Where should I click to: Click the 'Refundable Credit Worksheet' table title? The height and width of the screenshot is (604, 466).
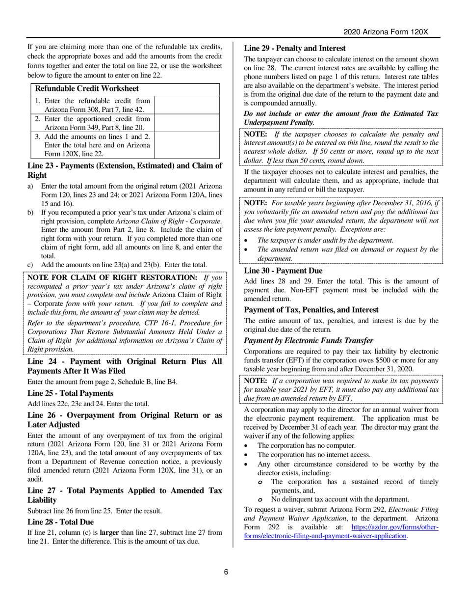pyautogui.click(x=87, y=89)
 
